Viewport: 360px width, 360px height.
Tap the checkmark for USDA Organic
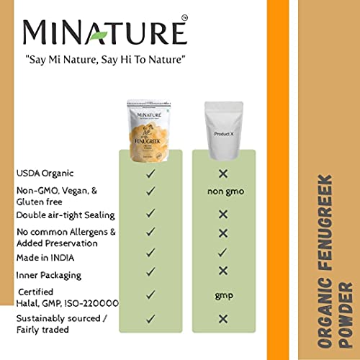pyautogui.click(x=150, y=174)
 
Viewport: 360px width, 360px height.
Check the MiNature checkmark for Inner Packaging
pyautogui.click(x=150, y=271)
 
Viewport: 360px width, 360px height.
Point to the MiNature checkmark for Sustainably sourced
pyautogui.click(x=150, y=318)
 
